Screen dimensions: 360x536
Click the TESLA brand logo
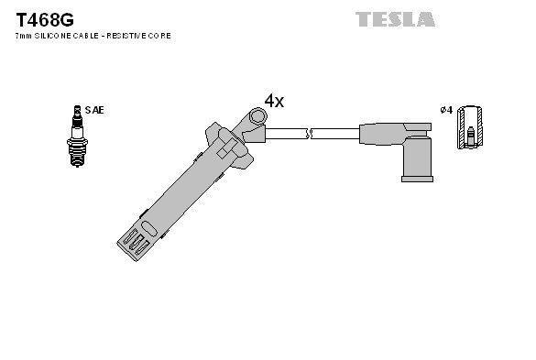395,18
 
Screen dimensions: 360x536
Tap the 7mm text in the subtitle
23,36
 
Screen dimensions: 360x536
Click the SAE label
94,110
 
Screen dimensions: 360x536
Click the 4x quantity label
274,101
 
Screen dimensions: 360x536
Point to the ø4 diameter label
446,110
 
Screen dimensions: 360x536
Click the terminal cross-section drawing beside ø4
471,126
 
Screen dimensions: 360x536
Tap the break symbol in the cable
311,134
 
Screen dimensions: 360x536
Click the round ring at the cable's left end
257,115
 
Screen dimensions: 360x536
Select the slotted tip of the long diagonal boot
133,242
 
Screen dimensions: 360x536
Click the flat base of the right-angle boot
418,179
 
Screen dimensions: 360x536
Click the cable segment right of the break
336,134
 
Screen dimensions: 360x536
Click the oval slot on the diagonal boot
145,216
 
